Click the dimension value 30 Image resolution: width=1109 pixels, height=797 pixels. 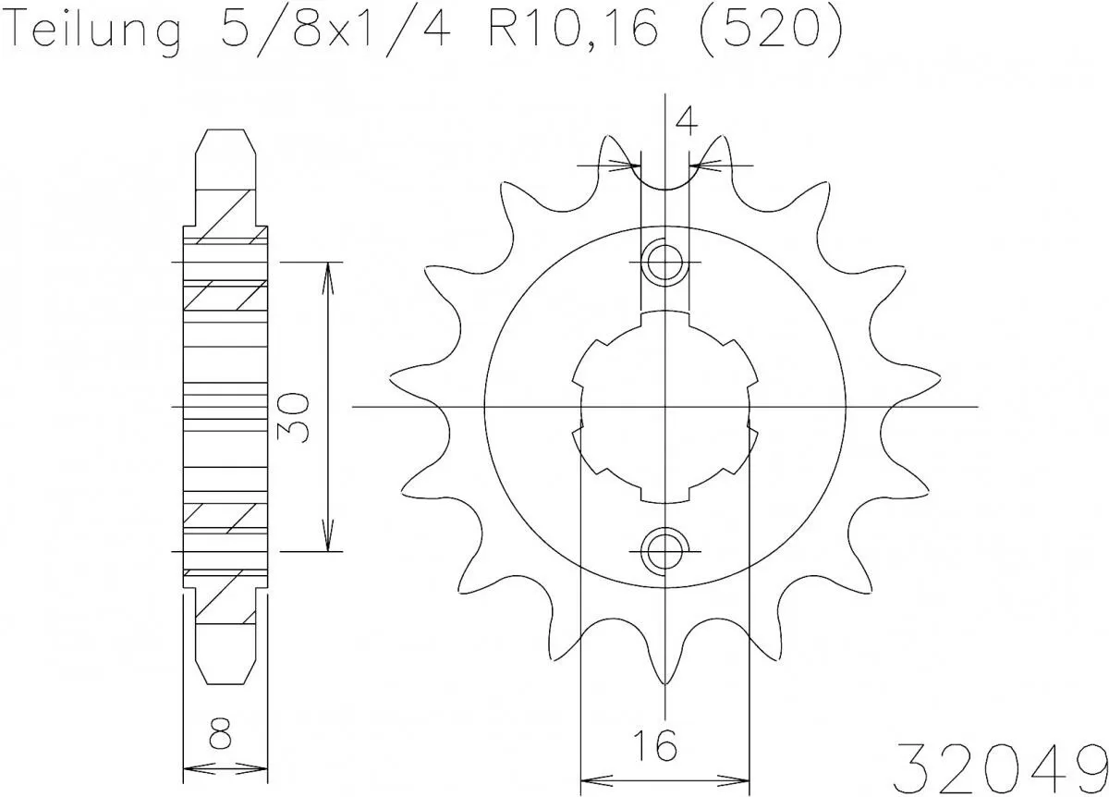pyautogui.click(x=293, y=418)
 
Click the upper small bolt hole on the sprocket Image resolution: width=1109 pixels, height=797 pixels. pyautogui.click(x=664, y=262)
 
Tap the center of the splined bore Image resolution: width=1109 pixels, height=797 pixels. pyautogui.click(x=664, y=407)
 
